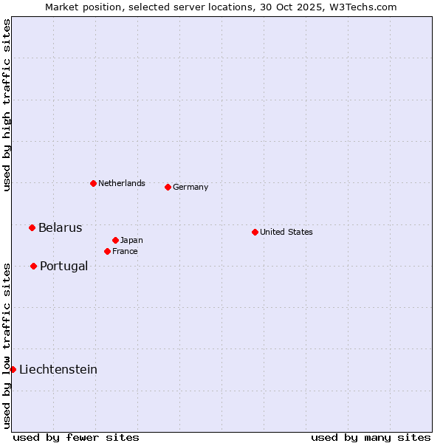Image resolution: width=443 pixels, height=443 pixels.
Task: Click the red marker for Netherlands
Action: [x=93, y=183]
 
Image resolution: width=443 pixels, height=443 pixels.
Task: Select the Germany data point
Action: [x=168, y=187]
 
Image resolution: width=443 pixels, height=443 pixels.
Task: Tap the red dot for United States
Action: [x=255, y=232]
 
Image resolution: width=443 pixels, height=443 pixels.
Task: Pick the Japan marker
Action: [x=115, y=240]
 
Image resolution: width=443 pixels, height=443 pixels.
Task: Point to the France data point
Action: [x=107, y=251]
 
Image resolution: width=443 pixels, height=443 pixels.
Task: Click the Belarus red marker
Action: [x=32, y=227]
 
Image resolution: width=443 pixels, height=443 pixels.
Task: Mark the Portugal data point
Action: [x=33, y=266]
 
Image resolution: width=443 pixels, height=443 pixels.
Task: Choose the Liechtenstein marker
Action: [x=13, y=369]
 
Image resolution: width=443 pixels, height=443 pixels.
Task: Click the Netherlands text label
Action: [x=122, y=183]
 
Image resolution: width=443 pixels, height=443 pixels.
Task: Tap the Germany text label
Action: [x=190, y=187]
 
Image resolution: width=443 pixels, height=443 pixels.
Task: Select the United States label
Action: [x=286, y=232]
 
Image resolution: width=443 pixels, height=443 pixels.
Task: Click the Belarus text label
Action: [x=61, y=227]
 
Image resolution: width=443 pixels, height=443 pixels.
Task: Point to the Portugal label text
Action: [x=63, y=266]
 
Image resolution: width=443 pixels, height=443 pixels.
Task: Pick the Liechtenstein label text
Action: [x=58, y=369]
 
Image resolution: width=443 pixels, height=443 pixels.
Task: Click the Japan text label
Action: [x=131, y=240]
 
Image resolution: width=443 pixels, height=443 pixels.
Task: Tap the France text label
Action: [x=125, y=251]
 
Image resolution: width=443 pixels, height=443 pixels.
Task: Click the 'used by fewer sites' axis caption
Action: [x=76, y=437]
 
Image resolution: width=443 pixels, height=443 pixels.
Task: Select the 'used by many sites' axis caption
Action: [x=371, y=437]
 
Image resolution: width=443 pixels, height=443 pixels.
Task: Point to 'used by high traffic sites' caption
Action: [x=7, y=105]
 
